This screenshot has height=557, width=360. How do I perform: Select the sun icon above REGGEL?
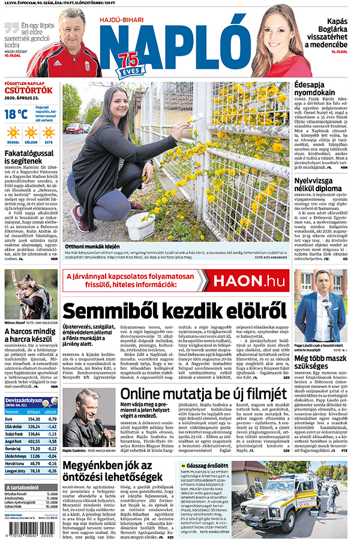tap(13, 132)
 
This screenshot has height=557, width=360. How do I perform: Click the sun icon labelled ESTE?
tap(48, 132)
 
